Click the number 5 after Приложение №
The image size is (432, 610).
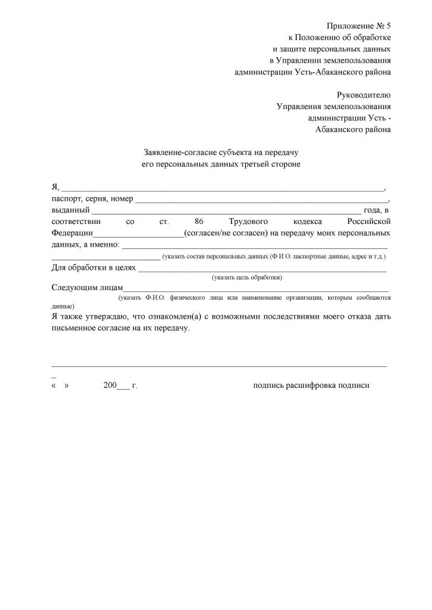[388, 26]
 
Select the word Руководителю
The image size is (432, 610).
[363, 95]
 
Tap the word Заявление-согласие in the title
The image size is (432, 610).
[180, 152]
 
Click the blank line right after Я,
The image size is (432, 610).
[224, 188]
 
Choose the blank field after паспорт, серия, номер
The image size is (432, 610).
[261, 199]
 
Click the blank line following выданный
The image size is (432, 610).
[227, 210]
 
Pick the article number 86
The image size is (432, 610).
[191, 222]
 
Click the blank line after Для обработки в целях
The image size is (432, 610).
[263, 268]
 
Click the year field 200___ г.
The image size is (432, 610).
[120, 385]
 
